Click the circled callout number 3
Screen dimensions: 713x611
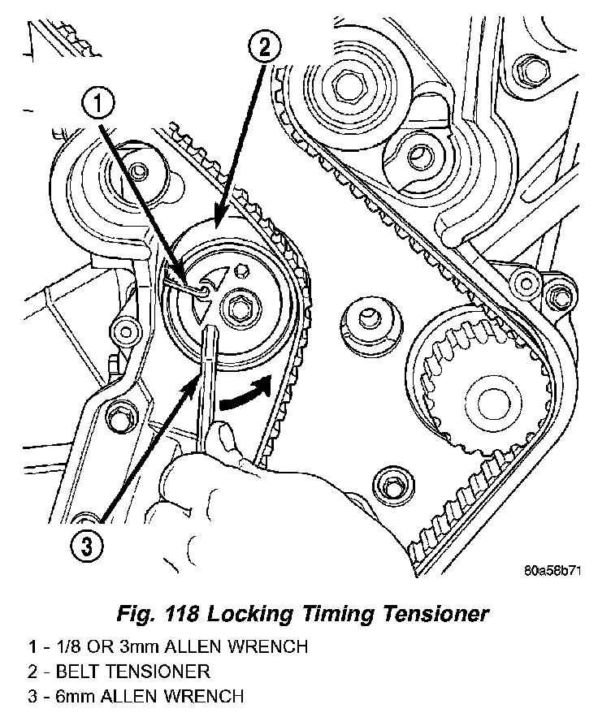pyautogui.click(x=87, y=544)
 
